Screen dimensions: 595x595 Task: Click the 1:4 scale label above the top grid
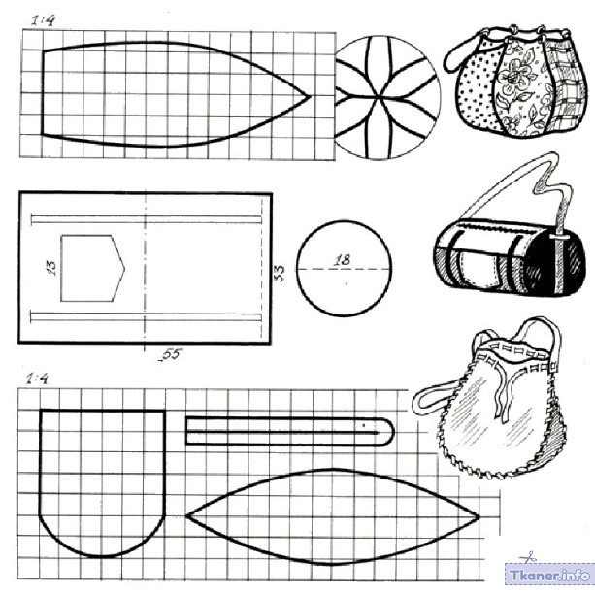[43, 20]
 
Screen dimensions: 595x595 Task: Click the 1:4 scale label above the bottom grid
[37, 379]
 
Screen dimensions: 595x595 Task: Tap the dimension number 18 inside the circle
[343, 260]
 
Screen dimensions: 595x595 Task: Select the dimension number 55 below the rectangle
[171, 354]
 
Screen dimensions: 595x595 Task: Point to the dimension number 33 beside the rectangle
[279, 273]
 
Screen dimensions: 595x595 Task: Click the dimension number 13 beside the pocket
[51, 268]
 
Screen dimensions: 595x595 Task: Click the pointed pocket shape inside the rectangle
[93, 268]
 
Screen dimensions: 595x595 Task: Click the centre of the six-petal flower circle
[380, 97]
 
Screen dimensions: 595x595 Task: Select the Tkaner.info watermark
[549, 575]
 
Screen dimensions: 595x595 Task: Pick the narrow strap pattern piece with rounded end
[290, 432]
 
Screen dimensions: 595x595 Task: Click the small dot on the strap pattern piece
[364, 425]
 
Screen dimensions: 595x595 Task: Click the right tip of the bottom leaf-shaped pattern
[480, 516]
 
